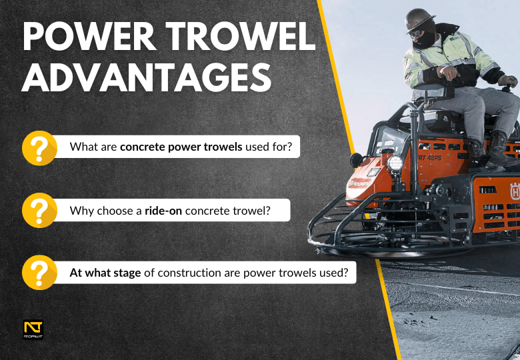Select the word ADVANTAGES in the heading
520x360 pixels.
pos(147,78)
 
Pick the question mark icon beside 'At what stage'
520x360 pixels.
pos(39,273)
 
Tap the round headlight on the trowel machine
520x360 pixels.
pos(395,163)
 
